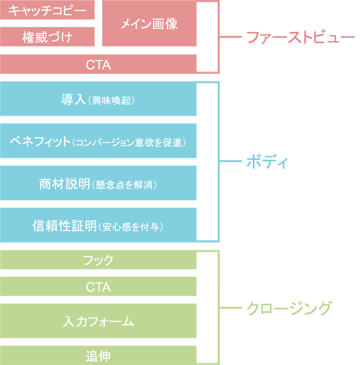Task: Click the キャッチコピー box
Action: (47, 10)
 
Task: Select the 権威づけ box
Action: (47, 36)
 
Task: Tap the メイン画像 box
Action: (149, 23)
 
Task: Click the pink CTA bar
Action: (98, 64)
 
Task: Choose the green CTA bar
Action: (98, 287)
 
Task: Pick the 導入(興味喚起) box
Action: (98, 99)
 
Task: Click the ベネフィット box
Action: (98, 141)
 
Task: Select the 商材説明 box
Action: (98, 183)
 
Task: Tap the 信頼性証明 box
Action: (98, 225)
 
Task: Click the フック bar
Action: (98, 260)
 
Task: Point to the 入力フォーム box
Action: (98, 321)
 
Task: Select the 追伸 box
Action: (98, 355)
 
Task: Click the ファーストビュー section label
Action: (301, 37)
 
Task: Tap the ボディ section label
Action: (267, 161)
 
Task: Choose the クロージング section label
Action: (289, 308)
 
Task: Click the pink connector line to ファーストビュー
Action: (230, 37)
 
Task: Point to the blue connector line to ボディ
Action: (230, 161)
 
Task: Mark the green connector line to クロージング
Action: (230, 308)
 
